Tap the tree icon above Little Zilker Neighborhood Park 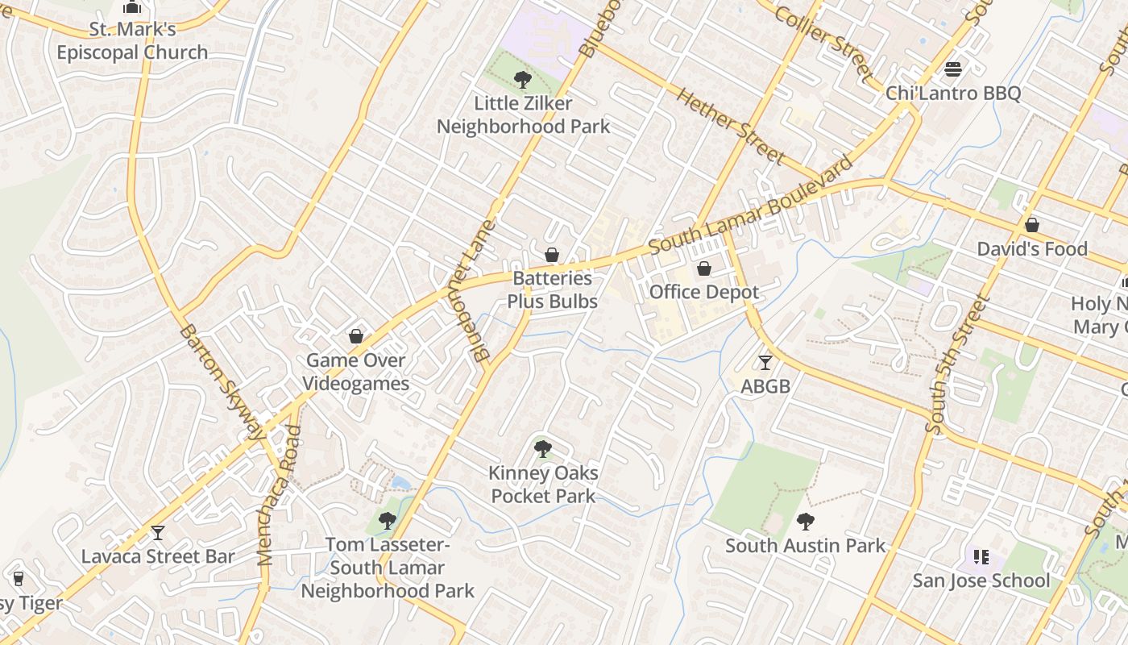click(523, 80)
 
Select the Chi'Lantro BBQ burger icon click(953, 69)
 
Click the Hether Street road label click(731, 126)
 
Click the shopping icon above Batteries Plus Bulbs click(552, 256)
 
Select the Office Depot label click(704, 292)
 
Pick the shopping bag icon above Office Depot click(704, 268)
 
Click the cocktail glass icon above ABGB click(765, 363)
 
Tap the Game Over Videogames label click(355, 372)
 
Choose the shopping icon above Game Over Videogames click(355, 336)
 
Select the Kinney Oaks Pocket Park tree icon click(543, 449)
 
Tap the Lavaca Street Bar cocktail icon click(158, 533)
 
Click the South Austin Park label click(805, 546)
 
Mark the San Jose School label click(981, 580)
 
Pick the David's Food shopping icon click(1031, 225)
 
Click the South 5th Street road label click(957, 365)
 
